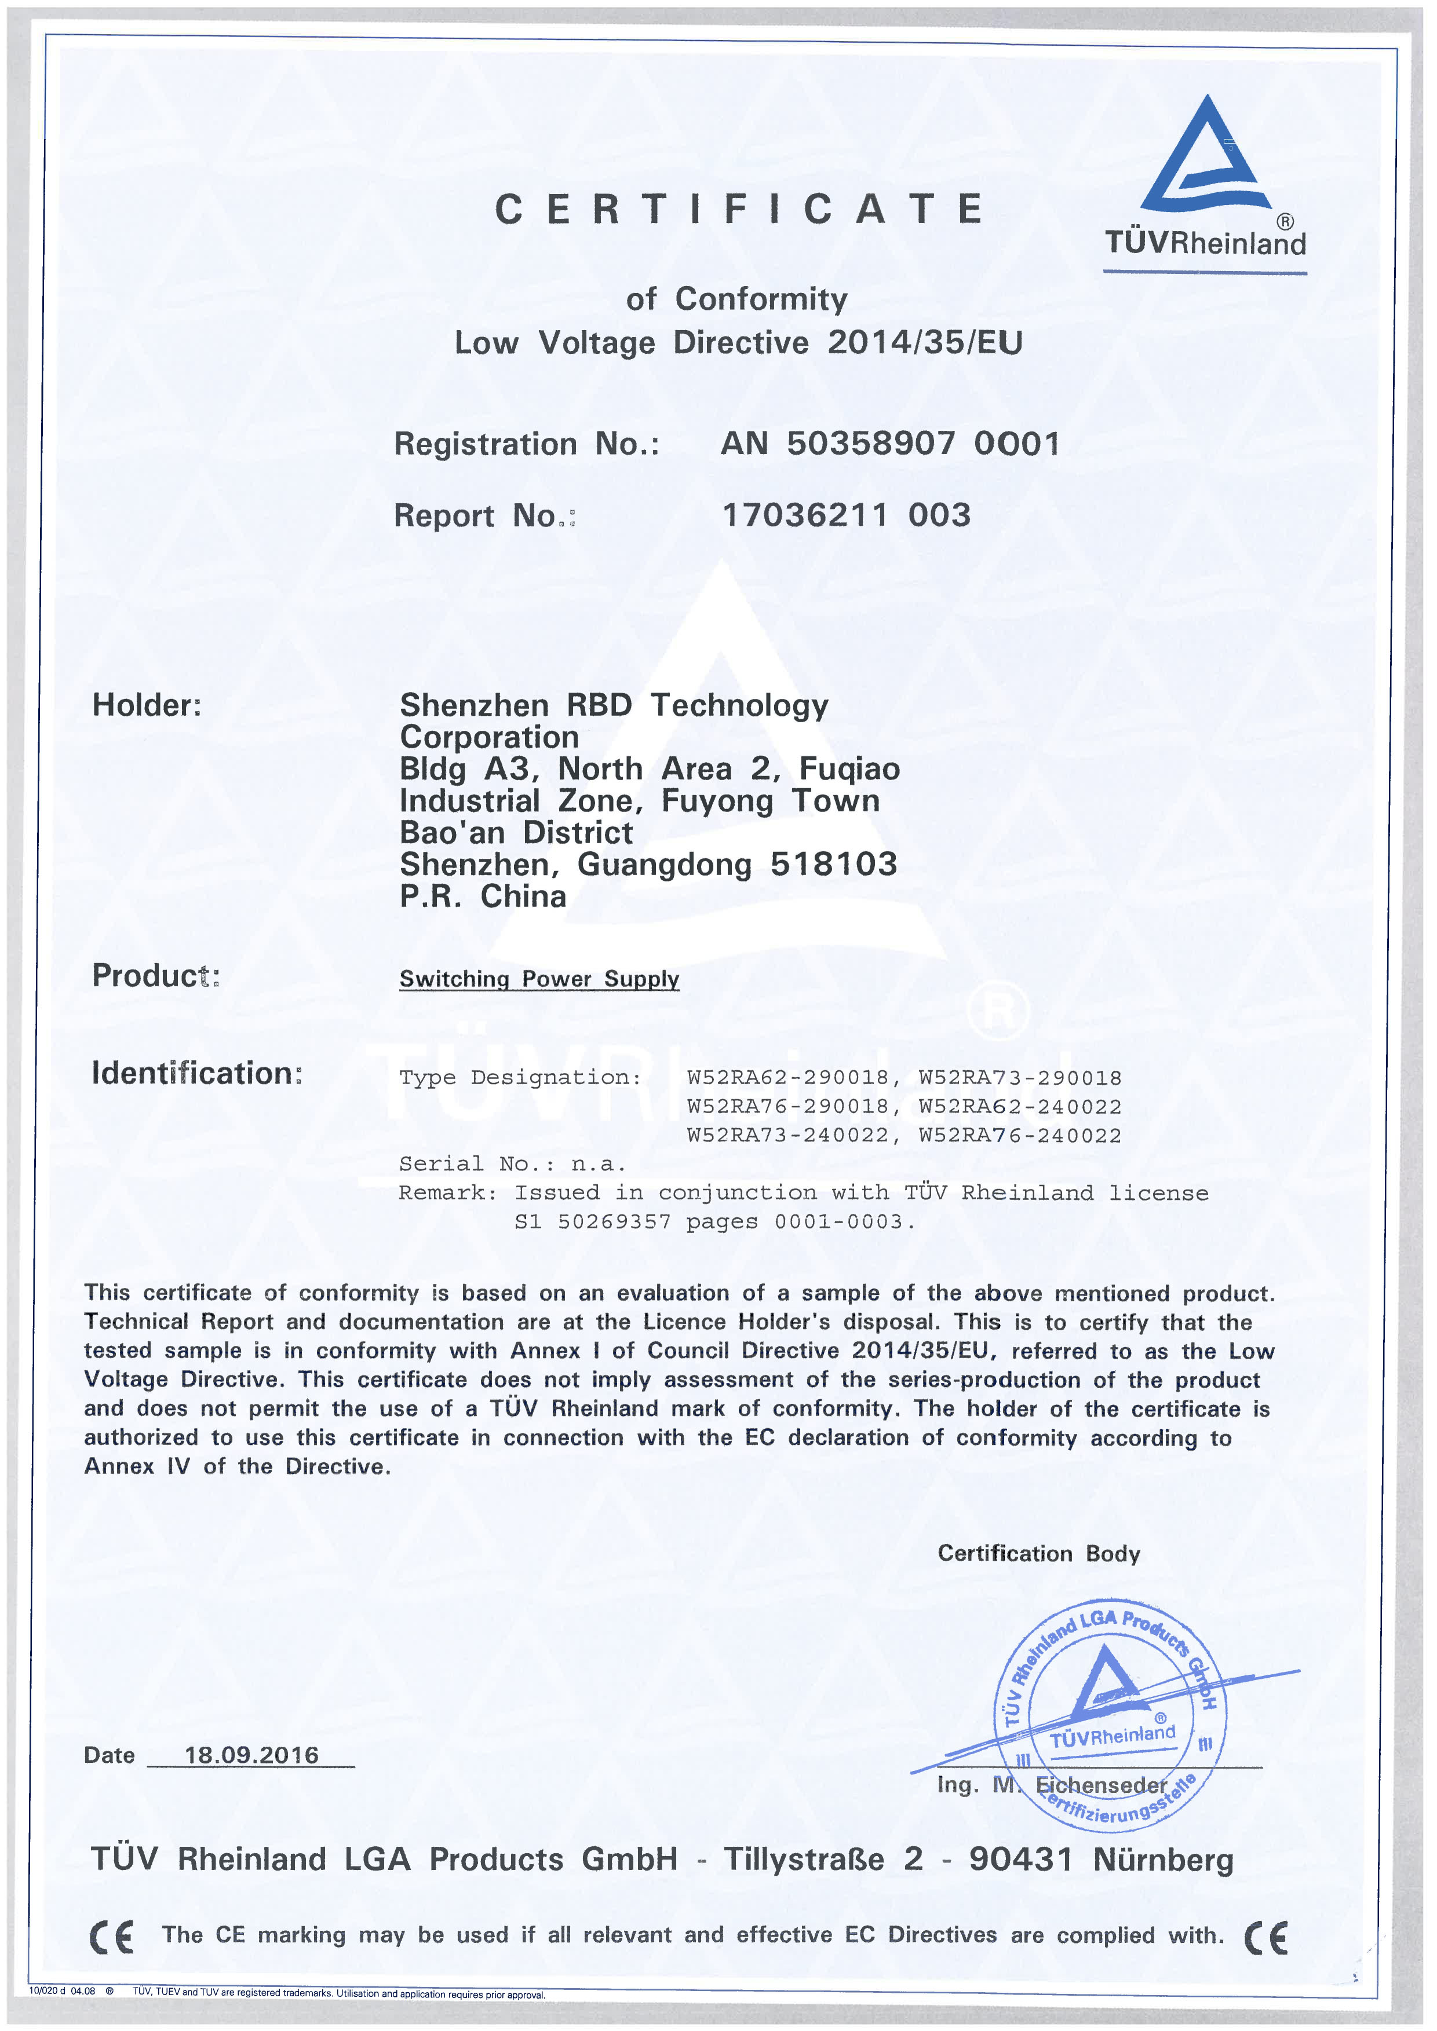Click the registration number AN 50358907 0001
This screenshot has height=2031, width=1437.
[x=890, y=443]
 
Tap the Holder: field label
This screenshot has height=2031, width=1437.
[x=147, y=705]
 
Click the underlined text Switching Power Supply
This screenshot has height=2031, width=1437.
[x=539, y=978]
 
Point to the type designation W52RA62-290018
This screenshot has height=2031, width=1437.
[x=787, y=1077]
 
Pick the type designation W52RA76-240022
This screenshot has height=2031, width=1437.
[x=1019, y=1135]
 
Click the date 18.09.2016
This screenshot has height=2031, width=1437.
[x=251, y=1755]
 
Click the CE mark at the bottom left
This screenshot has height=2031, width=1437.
[x=111, y=1937]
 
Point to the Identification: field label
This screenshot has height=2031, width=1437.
[x=196, y=1073]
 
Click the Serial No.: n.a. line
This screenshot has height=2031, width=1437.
[x=512, y=1163]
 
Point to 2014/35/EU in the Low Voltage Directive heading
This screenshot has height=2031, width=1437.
[x=925, y=342]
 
